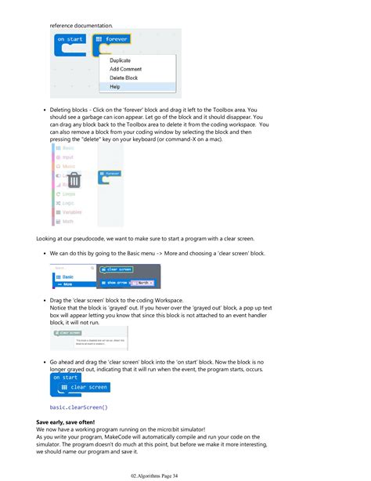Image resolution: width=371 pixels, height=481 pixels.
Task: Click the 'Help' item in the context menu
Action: tap(115, 87)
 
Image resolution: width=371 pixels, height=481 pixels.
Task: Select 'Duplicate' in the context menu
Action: tap(120, 60)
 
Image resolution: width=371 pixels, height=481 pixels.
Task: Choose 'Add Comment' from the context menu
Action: tap(125, 69)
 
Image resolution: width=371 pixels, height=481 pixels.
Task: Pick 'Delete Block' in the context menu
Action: tap(124, 78)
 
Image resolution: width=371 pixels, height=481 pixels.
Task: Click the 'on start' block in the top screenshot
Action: tap(70, 39)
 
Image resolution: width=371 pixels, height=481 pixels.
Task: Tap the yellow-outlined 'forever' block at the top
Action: tap(110, 39)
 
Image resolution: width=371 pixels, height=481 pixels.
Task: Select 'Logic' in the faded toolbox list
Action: tap(67, 203)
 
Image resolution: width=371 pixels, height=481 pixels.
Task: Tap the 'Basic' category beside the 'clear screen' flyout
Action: tap(70, 277)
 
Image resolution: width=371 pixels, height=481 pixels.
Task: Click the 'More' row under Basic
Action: tap(70, 284)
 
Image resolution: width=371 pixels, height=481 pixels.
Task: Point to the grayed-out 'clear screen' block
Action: tap(68, 333)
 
